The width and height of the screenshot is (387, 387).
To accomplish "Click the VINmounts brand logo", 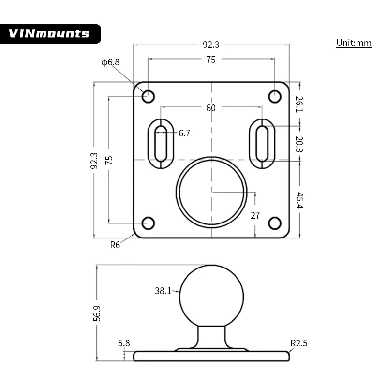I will pyautogui.click(x=50, y=33).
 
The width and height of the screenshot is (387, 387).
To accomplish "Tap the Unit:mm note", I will pyautogui.click(x=354, y=43).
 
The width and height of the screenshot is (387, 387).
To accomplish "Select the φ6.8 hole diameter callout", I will pyautogui.click(x=110, y=62).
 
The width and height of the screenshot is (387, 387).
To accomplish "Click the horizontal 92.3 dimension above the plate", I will pyautogui.click(x=211, y=45).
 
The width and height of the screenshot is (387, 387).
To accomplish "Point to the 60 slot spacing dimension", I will pyautogui.click(x=211, y=108).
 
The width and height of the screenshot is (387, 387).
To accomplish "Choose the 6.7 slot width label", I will pyautogui.click(x=184, y=134).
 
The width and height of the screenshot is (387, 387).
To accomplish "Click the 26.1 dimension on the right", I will pyautogui.click(x=299, y=104).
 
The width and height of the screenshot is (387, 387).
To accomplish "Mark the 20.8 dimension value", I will pyautogui.click(x=299, y=144).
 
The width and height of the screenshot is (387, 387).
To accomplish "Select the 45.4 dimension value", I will pyautogui.click(x=299, y=200).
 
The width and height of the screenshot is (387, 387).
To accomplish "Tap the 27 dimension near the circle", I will pyautogui.click(x=255, y=215).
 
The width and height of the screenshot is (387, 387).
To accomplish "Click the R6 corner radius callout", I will pyautogui.click(x=115, y=245).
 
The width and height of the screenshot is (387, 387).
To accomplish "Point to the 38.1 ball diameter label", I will pyautogui.click(x=163, y=291).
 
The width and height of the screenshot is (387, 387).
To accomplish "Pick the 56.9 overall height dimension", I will pyautogui.click(x=97, y=313).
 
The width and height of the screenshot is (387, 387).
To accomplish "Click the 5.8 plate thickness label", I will pyautogui.click(x=124, y=343).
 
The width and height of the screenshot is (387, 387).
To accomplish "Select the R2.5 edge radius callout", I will pyautogui.click(x=299, y=343).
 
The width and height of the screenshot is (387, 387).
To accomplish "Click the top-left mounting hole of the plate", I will pyautogui.click(x=148, y=96).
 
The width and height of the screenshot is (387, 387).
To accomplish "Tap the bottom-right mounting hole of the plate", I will pyautogui.click(x=275, y=223).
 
